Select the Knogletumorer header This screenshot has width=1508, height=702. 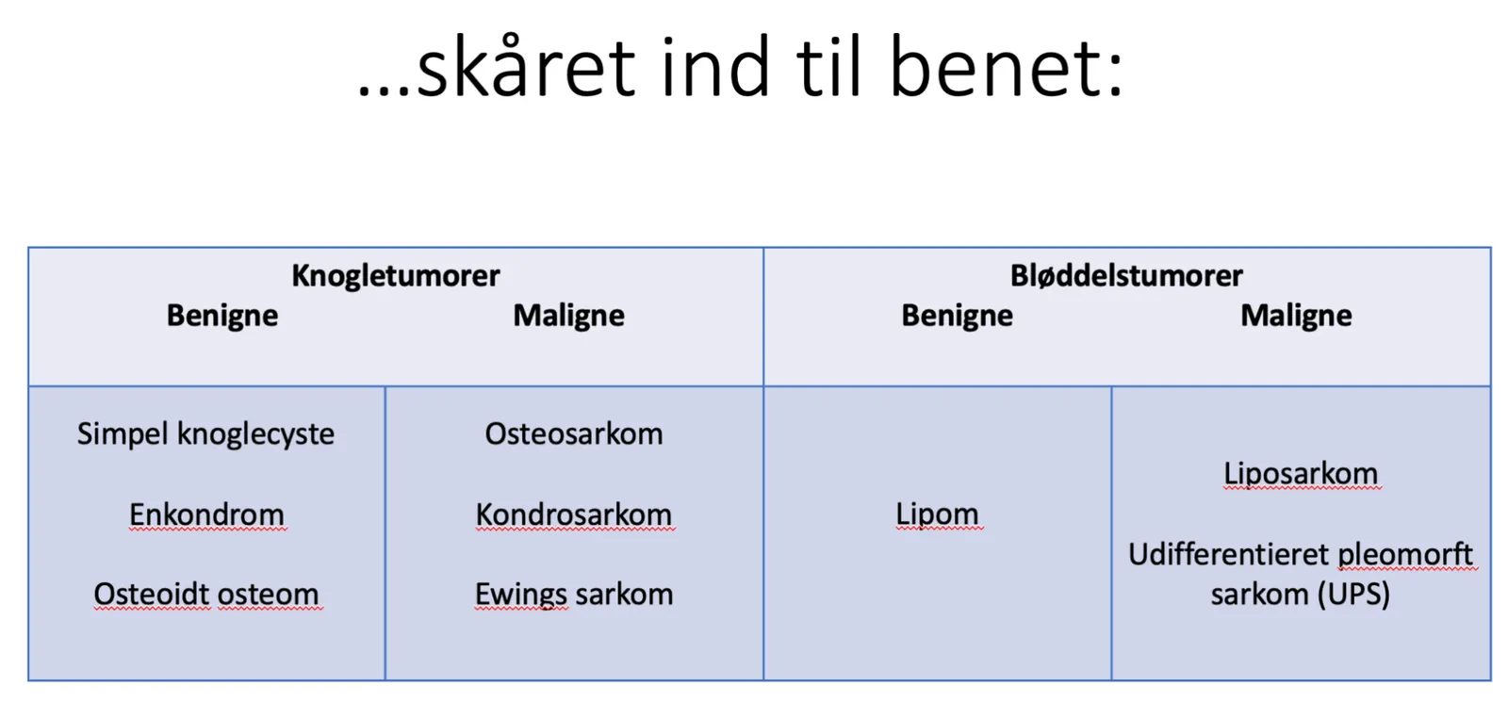[x=396, y=276]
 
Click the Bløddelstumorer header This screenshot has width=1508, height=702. [x=1126, y=276]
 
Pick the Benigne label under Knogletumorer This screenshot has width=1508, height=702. [x=222, y=316]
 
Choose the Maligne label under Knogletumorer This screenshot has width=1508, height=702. [x=569, y=316]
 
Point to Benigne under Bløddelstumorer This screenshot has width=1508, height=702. [x=957, y=316]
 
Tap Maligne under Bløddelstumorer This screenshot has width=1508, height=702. [x=1296, y=316]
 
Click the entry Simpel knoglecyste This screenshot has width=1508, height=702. [x=205, y=434]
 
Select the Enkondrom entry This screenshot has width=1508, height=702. [x=206, y=514]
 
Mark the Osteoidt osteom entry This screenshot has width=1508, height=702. [x=206, y=595]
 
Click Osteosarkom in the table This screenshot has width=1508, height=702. [x=574, y=434]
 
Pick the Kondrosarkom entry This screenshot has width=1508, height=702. [x=574, y=514]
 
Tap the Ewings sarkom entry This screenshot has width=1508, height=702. [x=574, y=595]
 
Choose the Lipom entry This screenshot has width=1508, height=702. [x=937, y=514]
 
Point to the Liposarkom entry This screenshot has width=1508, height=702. [x=1301, y=474]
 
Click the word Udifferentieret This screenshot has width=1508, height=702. [x=1229, y=555]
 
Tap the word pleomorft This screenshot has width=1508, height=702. [x=1405, y=556]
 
